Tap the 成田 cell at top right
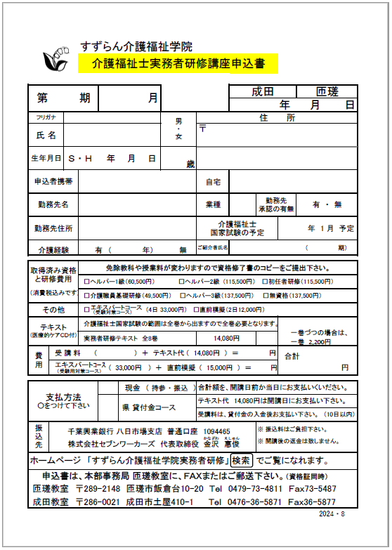263,92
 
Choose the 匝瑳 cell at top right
327,92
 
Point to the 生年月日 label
46,159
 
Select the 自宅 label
214,182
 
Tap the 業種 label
214,204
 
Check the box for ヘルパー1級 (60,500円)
86,281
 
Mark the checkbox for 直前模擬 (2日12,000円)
183,310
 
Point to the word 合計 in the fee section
292,356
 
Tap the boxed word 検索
261,461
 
